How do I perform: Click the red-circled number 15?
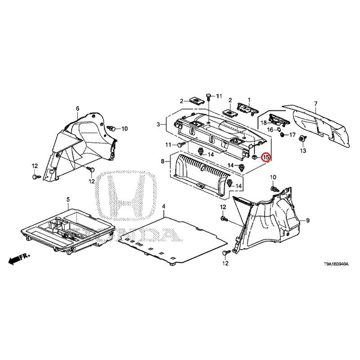(x=266, y=157)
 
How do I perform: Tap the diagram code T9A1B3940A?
(x=336, y=264)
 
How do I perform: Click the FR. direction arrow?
(x=19, y=259)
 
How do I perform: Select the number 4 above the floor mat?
(x=163, y=207)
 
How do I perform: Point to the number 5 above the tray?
(x=68, y=199)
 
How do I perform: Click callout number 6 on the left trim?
(x=77, y=108)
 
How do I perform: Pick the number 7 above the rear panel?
(x=316, y=103)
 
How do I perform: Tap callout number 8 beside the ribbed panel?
(x=162, y=162)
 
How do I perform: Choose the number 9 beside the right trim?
(x=308, y=220)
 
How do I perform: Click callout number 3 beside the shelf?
(x=158, y=125)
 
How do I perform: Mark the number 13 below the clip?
(x=303, y=151)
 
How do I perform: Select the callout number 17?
(x=292, y=135)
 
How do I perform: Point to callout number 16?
(x=270, y=130)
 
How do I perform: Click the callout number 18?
(x=264, y=123)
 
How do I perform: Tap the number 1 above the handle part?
(x=249, y=100)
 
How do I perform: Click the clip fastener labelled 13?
(x=302, y=139)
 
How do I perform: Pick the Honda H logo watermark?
(x=128, y=196)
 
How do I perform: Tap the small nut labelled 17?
(x=283, y=135)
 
